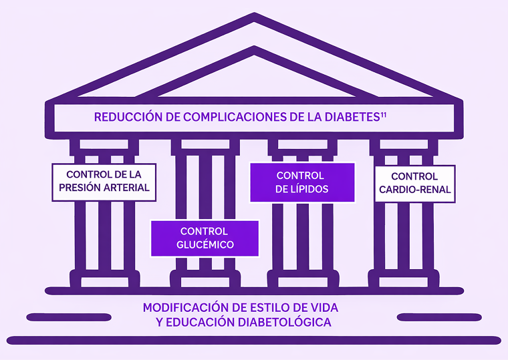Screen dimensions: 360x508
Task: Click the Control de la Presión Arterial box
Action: (104, 181)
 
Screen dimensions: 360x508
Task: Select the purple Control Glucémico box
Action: (205, 238)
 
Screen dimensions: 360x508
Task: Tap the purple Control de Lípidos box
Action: (301, 182)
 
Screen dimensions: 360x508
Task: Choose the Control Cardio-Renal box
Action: (414, 184)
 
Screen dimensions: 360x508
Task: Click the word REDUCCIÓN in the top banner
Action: (127, 117)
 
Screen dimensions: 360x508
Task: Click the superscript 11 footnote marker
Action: (384, 114)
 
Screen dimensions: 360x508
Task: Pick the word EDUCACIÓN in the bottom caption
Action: (198, 322)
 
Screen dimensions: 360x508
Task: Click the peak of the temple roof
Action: (254, 16)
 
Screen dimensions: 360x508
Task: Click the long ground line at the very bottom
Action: (254, 340)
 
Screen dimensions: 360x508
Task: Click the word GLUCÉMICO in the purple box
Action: (205, 245)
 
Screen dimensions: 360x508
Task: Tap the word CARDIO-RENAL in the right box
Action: (414, 190)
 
